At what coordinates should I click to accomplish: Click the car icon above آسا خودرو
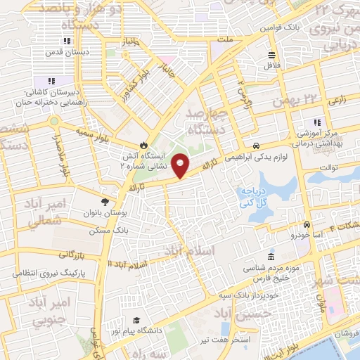[307, 225]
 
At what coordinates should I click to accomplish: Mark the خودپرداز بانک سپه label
[242, 283]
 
